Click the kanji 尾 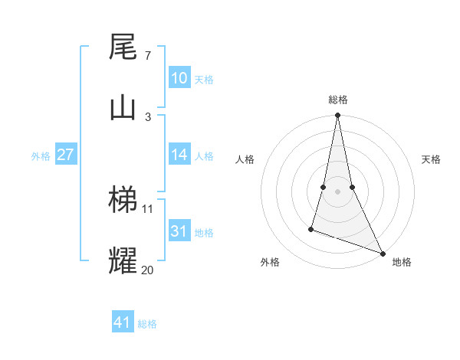(x=123, y=47)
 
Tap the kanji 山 (x=123, y=106)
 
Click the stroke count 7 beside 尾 (x=147, y=56)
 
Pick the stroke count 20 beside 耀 (x=147, y=270)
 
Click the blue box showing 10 (x=179, y=78)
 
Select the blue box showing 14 (x=179, y=155)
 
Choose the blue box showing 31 (x=179, y=231)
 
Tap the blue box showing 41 (x=123, y=322)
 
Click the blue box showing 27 (x=65, y=155)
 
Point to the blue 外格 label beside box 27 (x=41, y=155)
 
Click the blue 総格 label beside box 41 (x=147, y=324)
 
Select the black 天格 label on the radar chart (x=431, y=159)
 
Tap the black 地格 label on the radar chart (x=402, y=262)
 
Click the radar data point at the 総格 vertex (x=337, y=116)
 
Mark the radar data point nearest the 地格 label (x=382, y=253)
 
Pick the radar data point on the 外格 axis (x=311, y=228)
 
